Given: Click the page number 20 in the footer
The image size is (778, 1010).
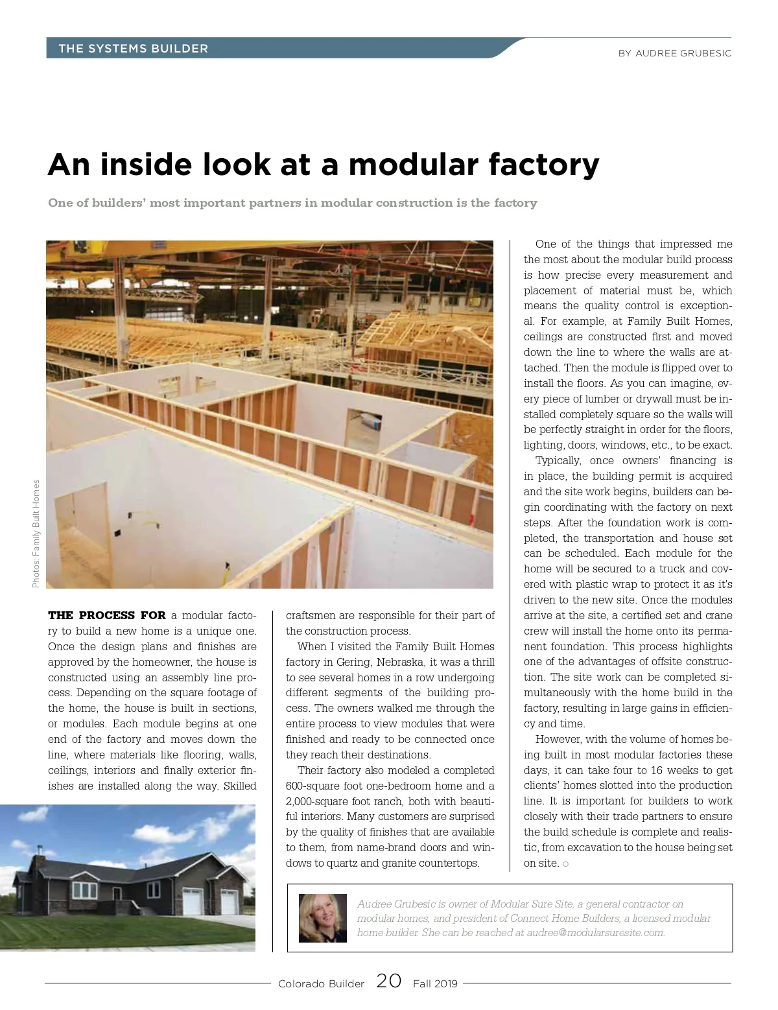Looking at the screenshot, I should click(388, 981).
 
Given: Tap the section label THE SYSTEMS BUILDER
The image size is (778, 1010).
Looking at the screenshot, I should click(133, 49).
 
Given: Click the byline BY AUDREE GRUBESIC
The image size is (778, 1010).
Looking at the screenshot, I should click(674, 53).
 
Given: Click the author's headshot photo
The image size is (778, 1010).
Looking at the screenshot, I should click(322, 918).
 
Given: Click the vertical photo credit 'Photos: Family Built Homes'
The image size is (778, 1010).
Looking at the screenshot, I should click(36, 534).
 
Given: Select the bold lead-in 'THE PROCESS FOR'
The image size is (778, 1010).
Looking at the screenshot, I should click(107, 615).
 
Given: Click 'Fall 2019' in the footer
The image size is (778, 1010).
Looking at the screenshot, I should click(435, 983).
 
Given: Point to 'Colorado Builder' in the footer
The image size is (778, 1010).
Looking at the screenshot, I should click(321, 983).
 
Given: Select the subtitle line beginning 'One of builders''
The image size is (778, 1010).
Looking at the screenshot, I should click(292, 203).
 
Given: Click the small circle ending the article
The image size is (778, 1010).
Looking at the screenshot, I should click(566, 863).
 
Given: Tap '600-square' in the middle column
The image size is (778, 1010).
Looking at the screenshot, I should click(314, 786).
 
